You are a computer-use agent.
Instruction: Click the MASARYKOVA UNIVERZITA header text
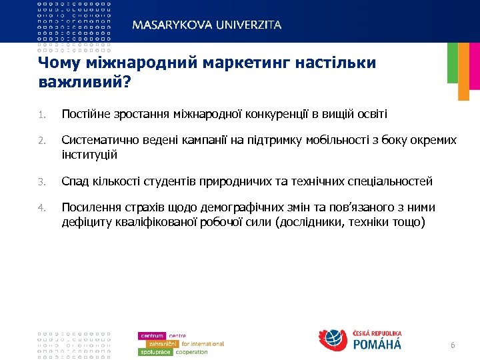coord(207,25)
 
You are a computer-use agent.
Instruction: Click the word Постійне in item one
coord(86,114)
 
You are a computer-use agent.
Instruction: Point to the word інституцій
coord(89,154)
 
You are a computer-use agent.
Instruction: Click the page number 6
coord(453,345)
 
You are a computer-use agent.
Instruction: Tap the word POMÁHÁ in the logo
coord(377,344)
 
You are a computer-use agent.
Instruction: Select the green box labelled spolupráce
coord(155,351)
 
